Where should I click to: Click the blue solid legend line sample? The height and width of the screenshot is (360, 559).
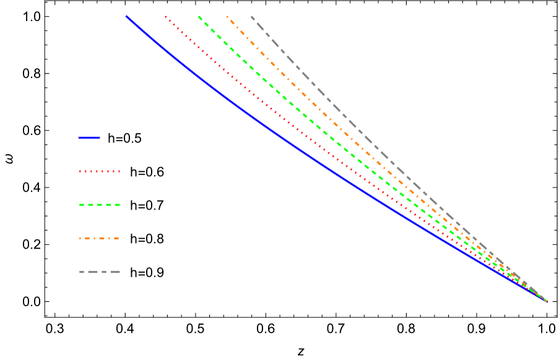pos(89,138)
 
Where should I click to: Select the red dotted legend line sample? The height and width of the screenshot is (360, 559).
pos(99,171)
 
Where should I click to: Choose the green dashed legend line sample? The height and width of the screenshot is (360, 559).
pos(99,205)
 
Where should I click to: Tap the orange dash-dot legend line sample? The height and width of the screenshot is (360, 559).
pos(99,238)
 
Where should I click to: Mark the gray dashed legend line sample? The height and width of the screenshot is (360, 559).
pos(99,272)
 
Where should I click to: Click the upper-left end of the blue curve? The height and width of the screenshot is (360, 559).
pos(127,17)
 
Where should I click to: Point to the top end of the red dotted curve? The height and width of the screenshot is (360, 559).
pos(166,17)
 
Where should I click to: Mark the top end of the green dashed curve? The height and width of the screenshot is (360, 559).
pos(199,17)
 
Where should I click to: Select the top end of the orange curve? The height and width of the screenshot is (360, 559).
pos(227,17)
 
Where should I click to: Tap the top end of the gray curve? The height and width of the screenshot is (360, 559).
pos(252,17)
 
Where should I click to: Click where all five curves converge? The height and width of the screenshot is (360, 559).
pos(545,301)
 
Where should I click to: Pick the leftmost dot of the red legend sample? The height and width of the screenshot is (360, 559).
pos(80,171)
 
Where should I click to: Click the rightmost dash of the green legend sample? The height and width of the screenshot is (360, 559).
pos(117,205)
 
